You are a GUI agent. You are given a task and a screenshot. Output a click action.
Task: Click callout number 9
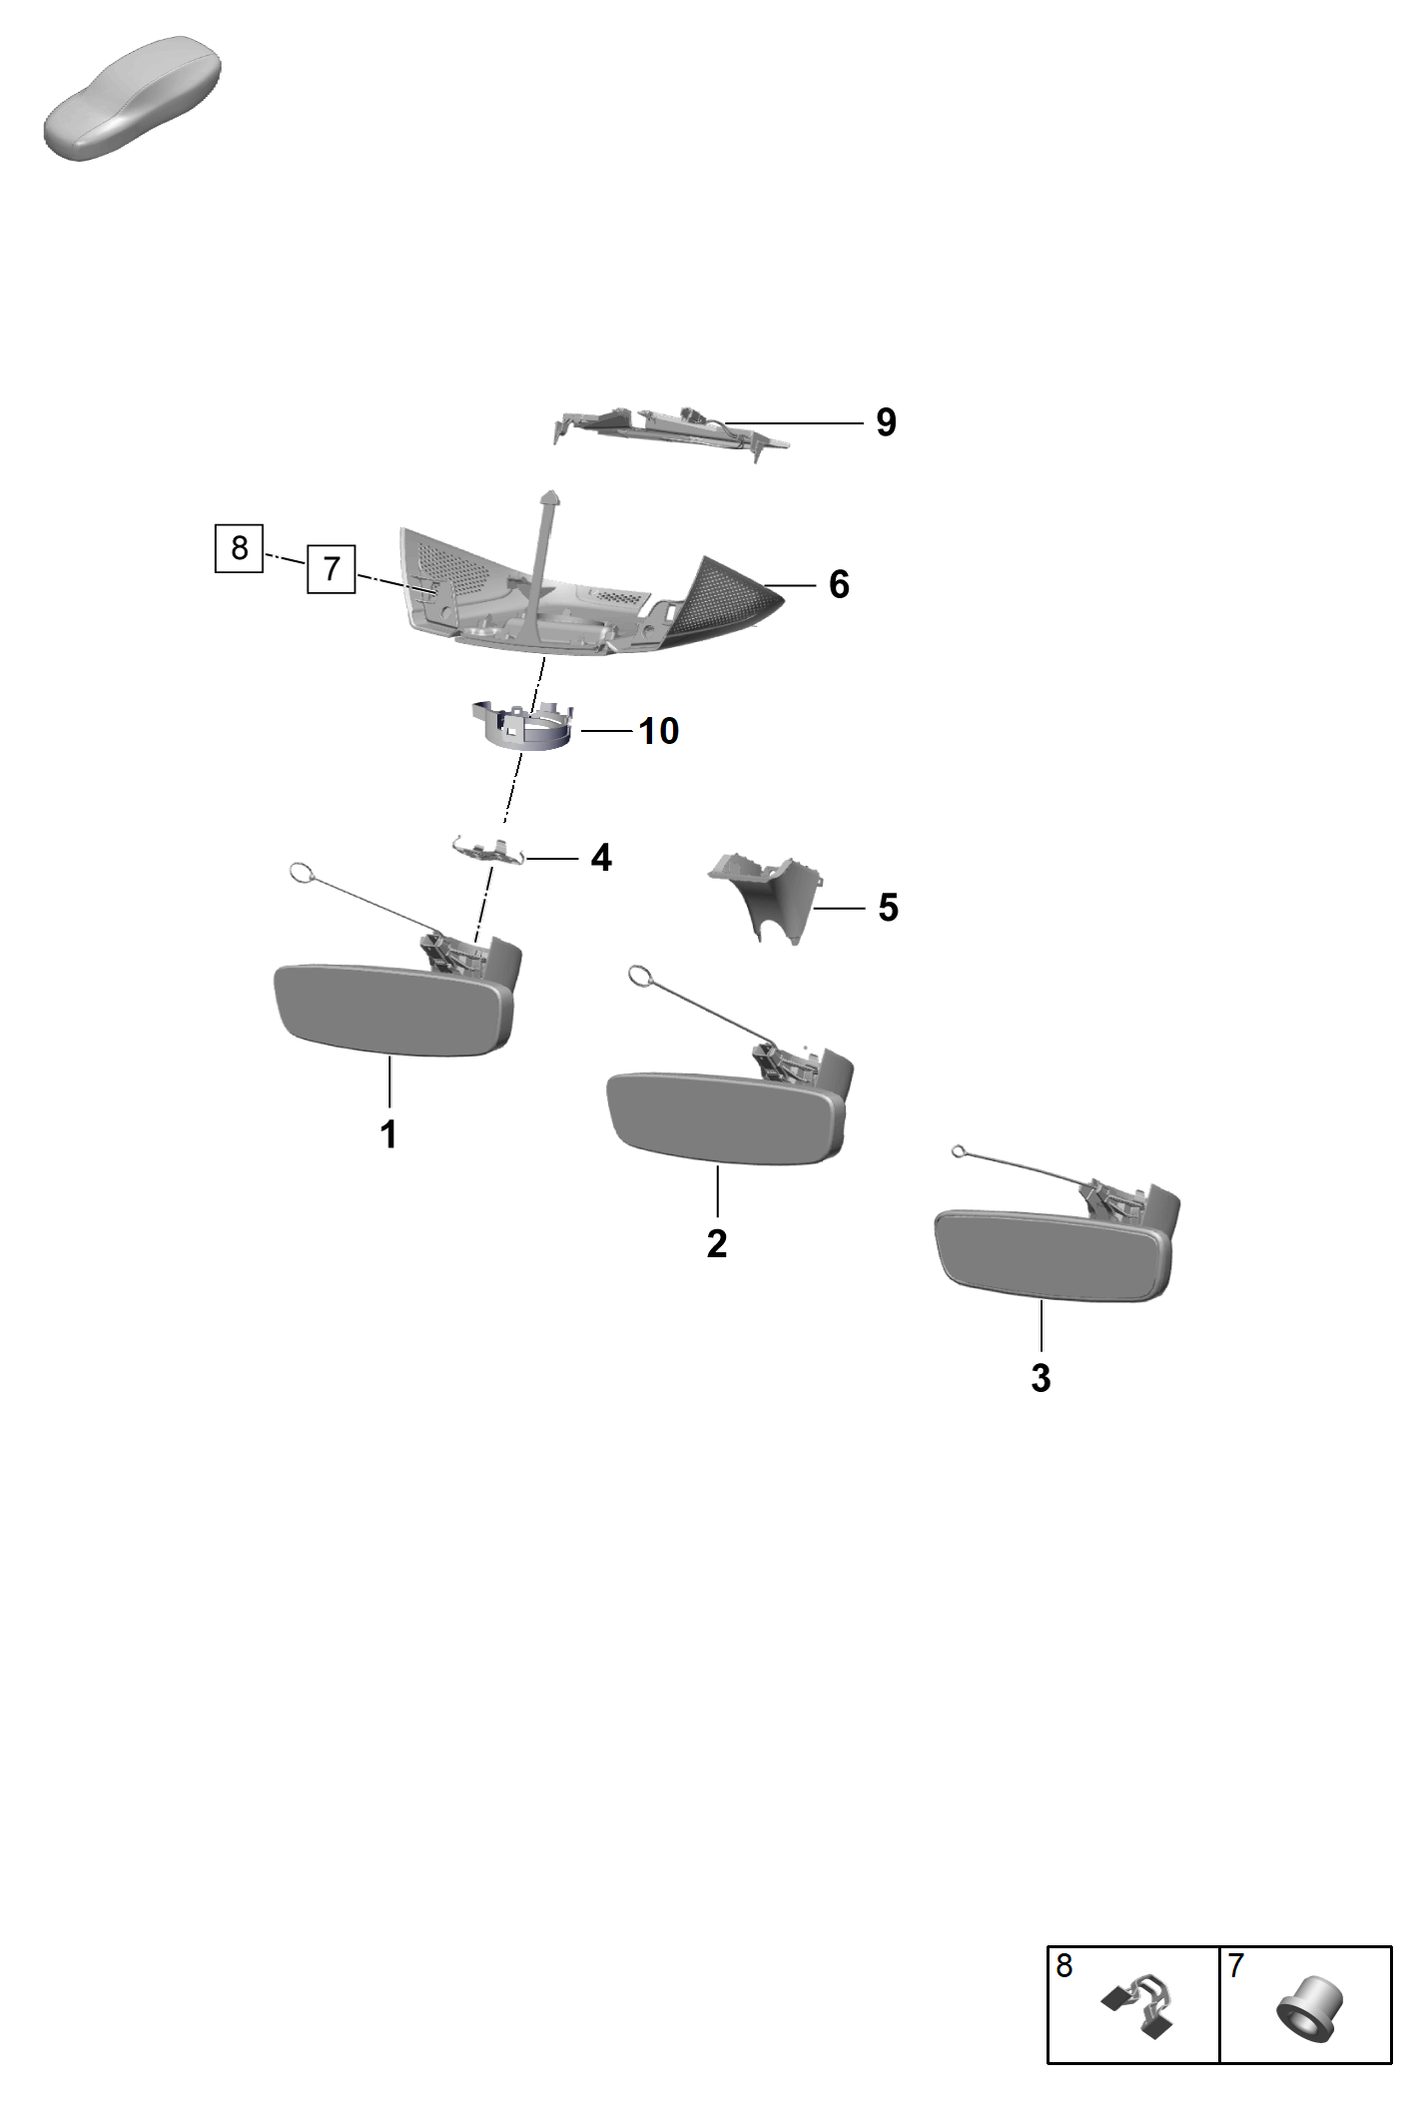[x=886, y=422]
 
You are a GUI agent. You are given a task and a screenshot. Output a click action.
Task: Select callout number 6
[x=839, y=584]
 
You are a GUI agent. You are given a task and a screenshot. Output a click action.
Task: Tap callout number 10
[x=659, y=731]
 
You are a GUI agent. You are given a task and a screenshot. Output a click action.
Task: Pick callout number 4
[x=601, y=857]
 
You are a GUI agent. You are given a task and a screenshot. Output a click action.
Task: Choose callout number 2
[x=717, y=1243]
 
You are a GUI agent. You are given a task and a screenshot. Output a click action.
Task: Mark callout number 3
[x=1041, y=1378]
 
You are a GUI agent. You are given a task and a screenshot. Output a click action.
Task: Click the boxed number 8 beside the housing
[x=240, y=548]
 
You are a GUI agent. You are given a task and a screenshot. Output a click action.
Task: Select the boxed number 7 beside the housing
[x=332, y=569]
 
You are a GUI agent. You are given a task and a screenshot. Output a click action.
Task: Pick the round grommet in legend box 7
[x=1309, y=2008]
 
